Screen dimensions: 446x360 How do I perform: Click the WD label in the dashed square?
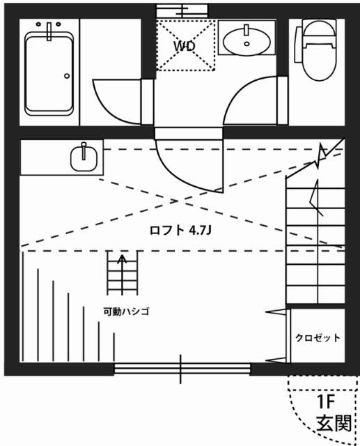pyautogui.click(x=184, y=46)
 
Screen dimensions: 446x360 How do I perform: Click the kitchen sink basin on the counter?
pyautogui.click(x=84, y=160)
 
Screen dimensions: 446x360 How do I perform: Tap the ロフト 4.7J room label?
pyautogui.click(x=180, y=230)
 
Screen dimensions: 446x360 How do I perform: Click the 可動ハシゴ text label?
pyautogui.click(x=126, y=311)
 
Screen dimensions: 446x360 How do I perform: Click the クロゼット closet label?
pyautogui.click(x=318, y=338)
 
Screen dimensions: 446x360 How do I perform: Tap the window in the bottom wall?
pyautogui.click(x=182, y=369)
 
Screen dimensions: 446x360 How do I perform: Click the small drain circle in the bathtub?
pyautogui.click(x=67, y=75)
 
